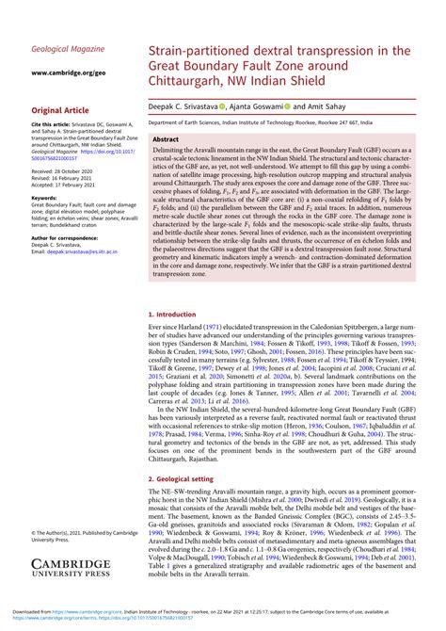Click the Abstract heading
[179, 138]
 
